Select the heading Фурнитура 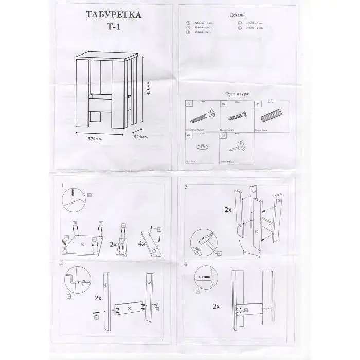[238, 94]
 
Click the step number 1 [62, 185]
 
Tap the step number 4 [186, 264]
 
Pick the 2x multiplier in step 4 [216, 307]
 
